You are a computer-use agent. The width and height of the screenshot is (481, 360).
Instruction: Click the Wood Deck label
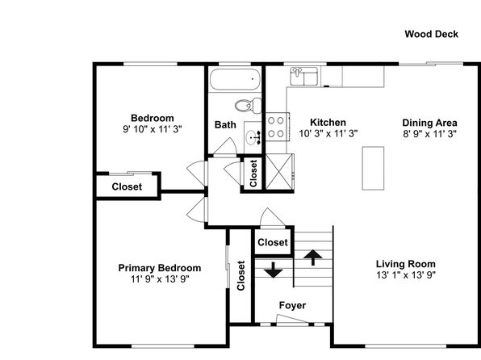tap(431, 34)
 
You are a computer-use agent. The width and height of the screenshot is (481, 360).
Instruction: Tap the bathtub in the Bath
tap(235, 79)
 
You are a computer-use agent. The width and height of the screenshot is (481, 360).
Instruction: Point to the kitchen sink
tap(304, 77)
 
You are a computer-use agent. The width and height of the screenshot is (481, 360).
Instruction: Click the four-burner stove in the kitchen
tap(277, 127)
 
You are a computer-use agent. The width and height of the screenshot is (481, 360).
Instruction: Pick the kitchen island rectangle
tap(373, 168)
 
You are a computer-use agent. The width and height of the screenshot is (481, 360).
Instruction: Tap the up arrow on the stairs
tap(313, 257)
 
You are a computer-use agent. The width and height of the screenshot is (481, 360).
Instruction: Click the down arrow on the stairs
tap(274, 270)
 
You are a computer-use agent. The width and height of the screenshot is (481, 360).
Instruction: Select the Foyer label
tap(292, 305)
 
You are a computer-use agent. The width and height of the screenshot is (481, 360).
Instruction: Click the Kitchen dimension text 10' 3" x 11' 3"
tap(328, 133)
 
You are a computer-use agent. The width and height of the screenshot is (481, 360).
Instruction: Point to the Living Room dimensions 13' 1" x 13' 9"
tap(406, 274)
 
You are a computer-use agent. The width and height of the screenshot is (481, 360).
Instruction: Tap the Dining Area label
tap(429, 123)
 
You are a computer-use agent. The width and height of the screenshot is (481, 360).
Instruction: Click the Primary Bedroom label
tap(160, 268)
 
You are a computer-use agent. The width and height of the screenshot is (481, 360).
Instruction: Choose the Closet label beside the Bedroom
tap(127, 186)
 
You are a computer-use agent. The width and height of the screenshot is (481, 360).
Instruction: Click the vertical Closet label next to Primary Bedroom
tap(241, 275)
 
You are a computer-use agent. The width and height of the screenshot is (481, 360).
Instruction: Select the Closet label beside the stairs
tap(273, 242)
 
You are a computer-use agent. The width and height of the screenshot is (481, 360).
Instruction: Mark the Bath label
tap(225, 125)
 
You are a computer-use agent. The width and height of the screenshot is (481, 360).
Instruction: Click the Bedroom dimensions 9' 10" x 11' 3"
tap(153, 129)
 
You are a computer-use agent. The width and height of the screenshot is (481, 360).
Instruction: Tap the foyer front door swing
tap(292, 319)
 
